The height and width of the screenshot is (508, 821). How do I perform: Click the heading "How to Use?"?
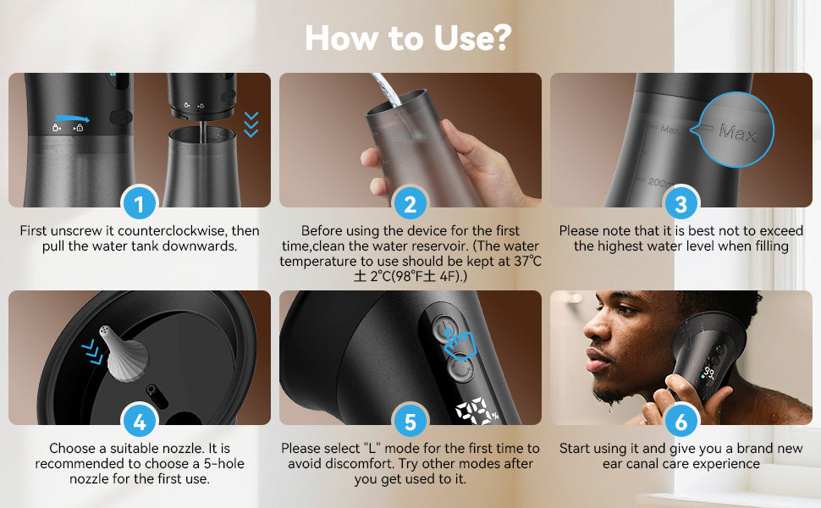tap(408, 38)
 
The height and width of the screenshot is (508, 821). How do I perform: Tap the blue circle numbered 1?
tap(140, 204)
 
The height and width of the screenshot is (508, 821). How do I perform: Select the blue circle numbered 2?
tap(410, 204)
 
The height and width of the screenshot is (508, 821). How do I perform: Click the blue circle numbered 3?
tap(680, 204)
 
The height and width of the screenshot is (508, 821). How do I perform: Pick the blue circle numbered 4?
tap(140, 422)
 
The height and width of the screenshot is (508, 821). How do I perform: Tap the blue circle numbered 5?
tap(410, 422)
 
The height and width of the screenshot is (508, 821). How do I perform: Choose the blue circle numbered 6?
tap(680, 422)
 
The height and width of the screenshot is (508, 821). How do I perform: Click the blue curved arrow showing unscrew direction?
tap(72, 119)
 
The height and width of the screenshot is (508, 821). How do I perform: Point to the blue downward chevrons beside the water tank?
tap(251, 124)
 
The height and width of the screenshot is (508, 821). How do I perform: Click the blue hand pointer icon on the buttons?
tap(460, 344)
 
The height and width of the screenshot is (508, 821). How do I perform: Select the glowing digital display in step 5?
tap(477, 411)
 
